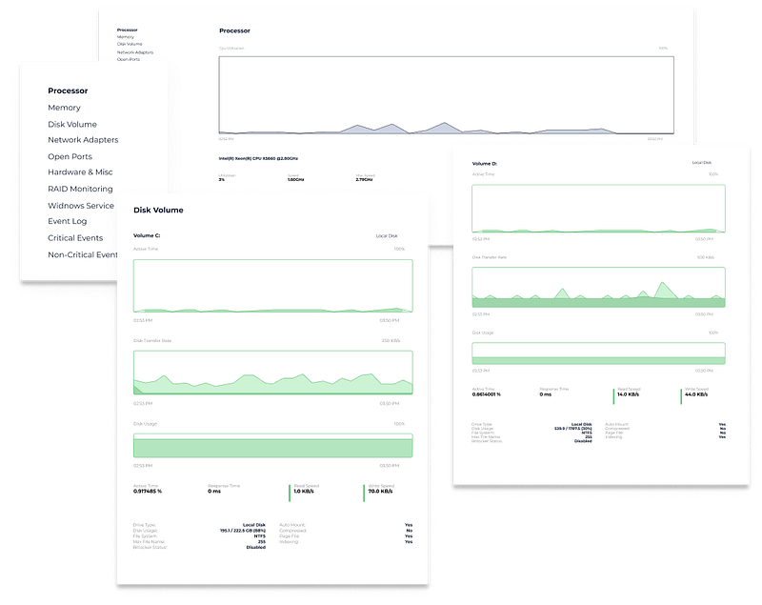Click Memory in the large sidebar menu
point(64,108)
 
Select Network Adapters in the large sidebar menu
point(83,140)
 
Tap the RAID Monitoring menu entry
point(80,189)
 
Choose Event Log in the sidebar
point(68,221)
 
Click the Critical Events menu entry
point(75,238)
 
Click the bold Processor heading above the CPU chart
point(234,30)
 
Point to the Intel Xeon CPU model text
point(258,157)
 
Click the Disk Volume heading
point(158,210)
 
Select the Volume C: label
point(147,234)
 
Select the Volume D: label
point(485,164)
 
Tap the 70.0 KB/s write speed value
point(381,492)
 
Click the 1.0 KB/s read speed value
point(304,492)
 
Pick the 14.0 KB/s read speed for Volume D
point(629,393)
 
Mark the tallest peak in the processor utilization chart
point(443,124)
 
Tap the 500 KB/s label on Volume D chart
point(706,257)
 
